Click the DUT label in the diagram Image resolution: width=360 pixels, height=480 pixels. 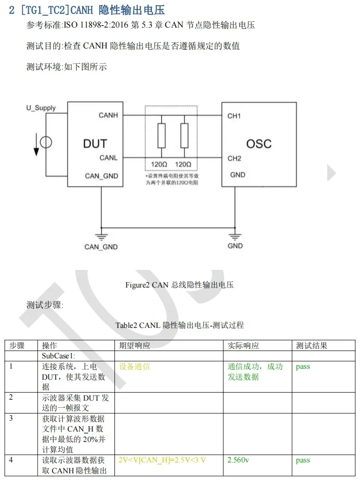pyautogui.click(x=95, y=143)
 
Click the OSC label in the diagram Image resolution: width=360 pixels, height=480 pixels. pyautogui.click(x=259, y=144)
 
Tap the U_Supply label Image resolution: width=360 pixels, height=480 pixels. pyautogui.click(x=41, y=108)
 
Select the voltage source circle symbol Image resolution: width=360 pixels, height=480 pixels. pyautogui.click(x=46, y=142)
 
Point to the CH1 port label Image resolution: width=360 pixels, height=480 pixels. pyautogui.click(x=234, y=116)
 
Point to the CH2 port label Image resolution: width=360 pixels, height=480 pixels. pyautogui.click(x=234, y=158)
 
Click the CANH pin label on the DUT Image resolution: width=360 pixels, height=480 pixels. pyautogui.click(x=108, y=115)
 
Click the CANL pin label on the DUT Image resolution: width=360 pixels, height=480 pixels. pyautogui.click(x=109, y=157)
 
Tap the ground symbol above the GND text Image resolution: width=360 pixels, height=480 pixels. pyautogui.click(x=235, y=236)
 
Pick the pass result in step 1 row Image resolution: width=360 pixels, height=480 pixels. pyautogui.click(x=303, y=366)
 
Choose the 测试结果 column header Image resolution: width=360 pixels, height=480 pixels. pyautogui.click(x=312, y=346)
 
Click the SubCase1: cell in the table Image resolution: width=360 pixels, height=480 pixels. pyautogui.click(x=59, y=356)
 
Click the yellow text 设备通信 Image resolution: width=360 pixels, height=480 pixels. pyautogui.click(x=134, y=366)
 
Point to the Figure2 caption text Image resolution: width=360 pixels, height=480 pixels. pyautogui.click(x=180, y=285)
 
